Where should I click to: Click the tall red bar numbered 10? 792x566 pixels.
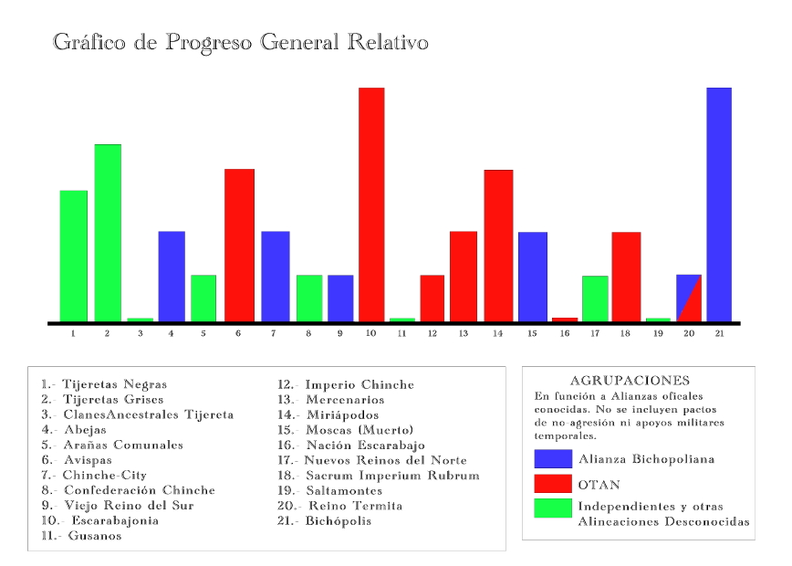(371, 204)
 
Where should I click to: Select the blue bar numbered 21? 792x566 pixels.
(719, 204)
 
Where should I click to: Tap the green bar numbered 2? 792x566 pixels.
(108, 233)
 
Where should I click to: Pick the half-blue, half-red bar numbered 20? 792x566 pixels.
(689, 299)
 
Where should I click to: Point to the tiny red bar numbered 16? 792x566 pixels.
(565, 320)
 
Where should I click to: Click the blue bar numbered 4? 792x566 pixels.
(172, 277)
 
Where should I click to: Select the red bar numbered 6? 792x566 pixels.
(239, 245)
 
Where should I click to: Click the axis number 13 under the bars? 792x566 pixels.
(464, 334)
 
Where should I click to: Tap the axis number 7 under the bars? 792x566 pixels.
(275, 334)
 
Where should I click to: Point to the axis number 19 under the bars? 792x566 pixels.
(658, 334)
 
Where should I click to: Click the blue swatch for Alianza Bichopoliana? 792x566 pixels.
(553, 458)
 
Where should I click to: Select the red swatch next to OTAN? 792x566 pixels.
(553, 483)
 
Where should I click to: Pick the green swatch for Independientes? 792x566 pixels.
(553, 508)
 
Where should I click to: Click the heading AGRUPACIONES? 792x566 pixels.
(630, 381)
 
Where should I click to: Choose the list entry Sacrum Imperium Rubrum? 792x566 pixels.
(392, 476)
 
